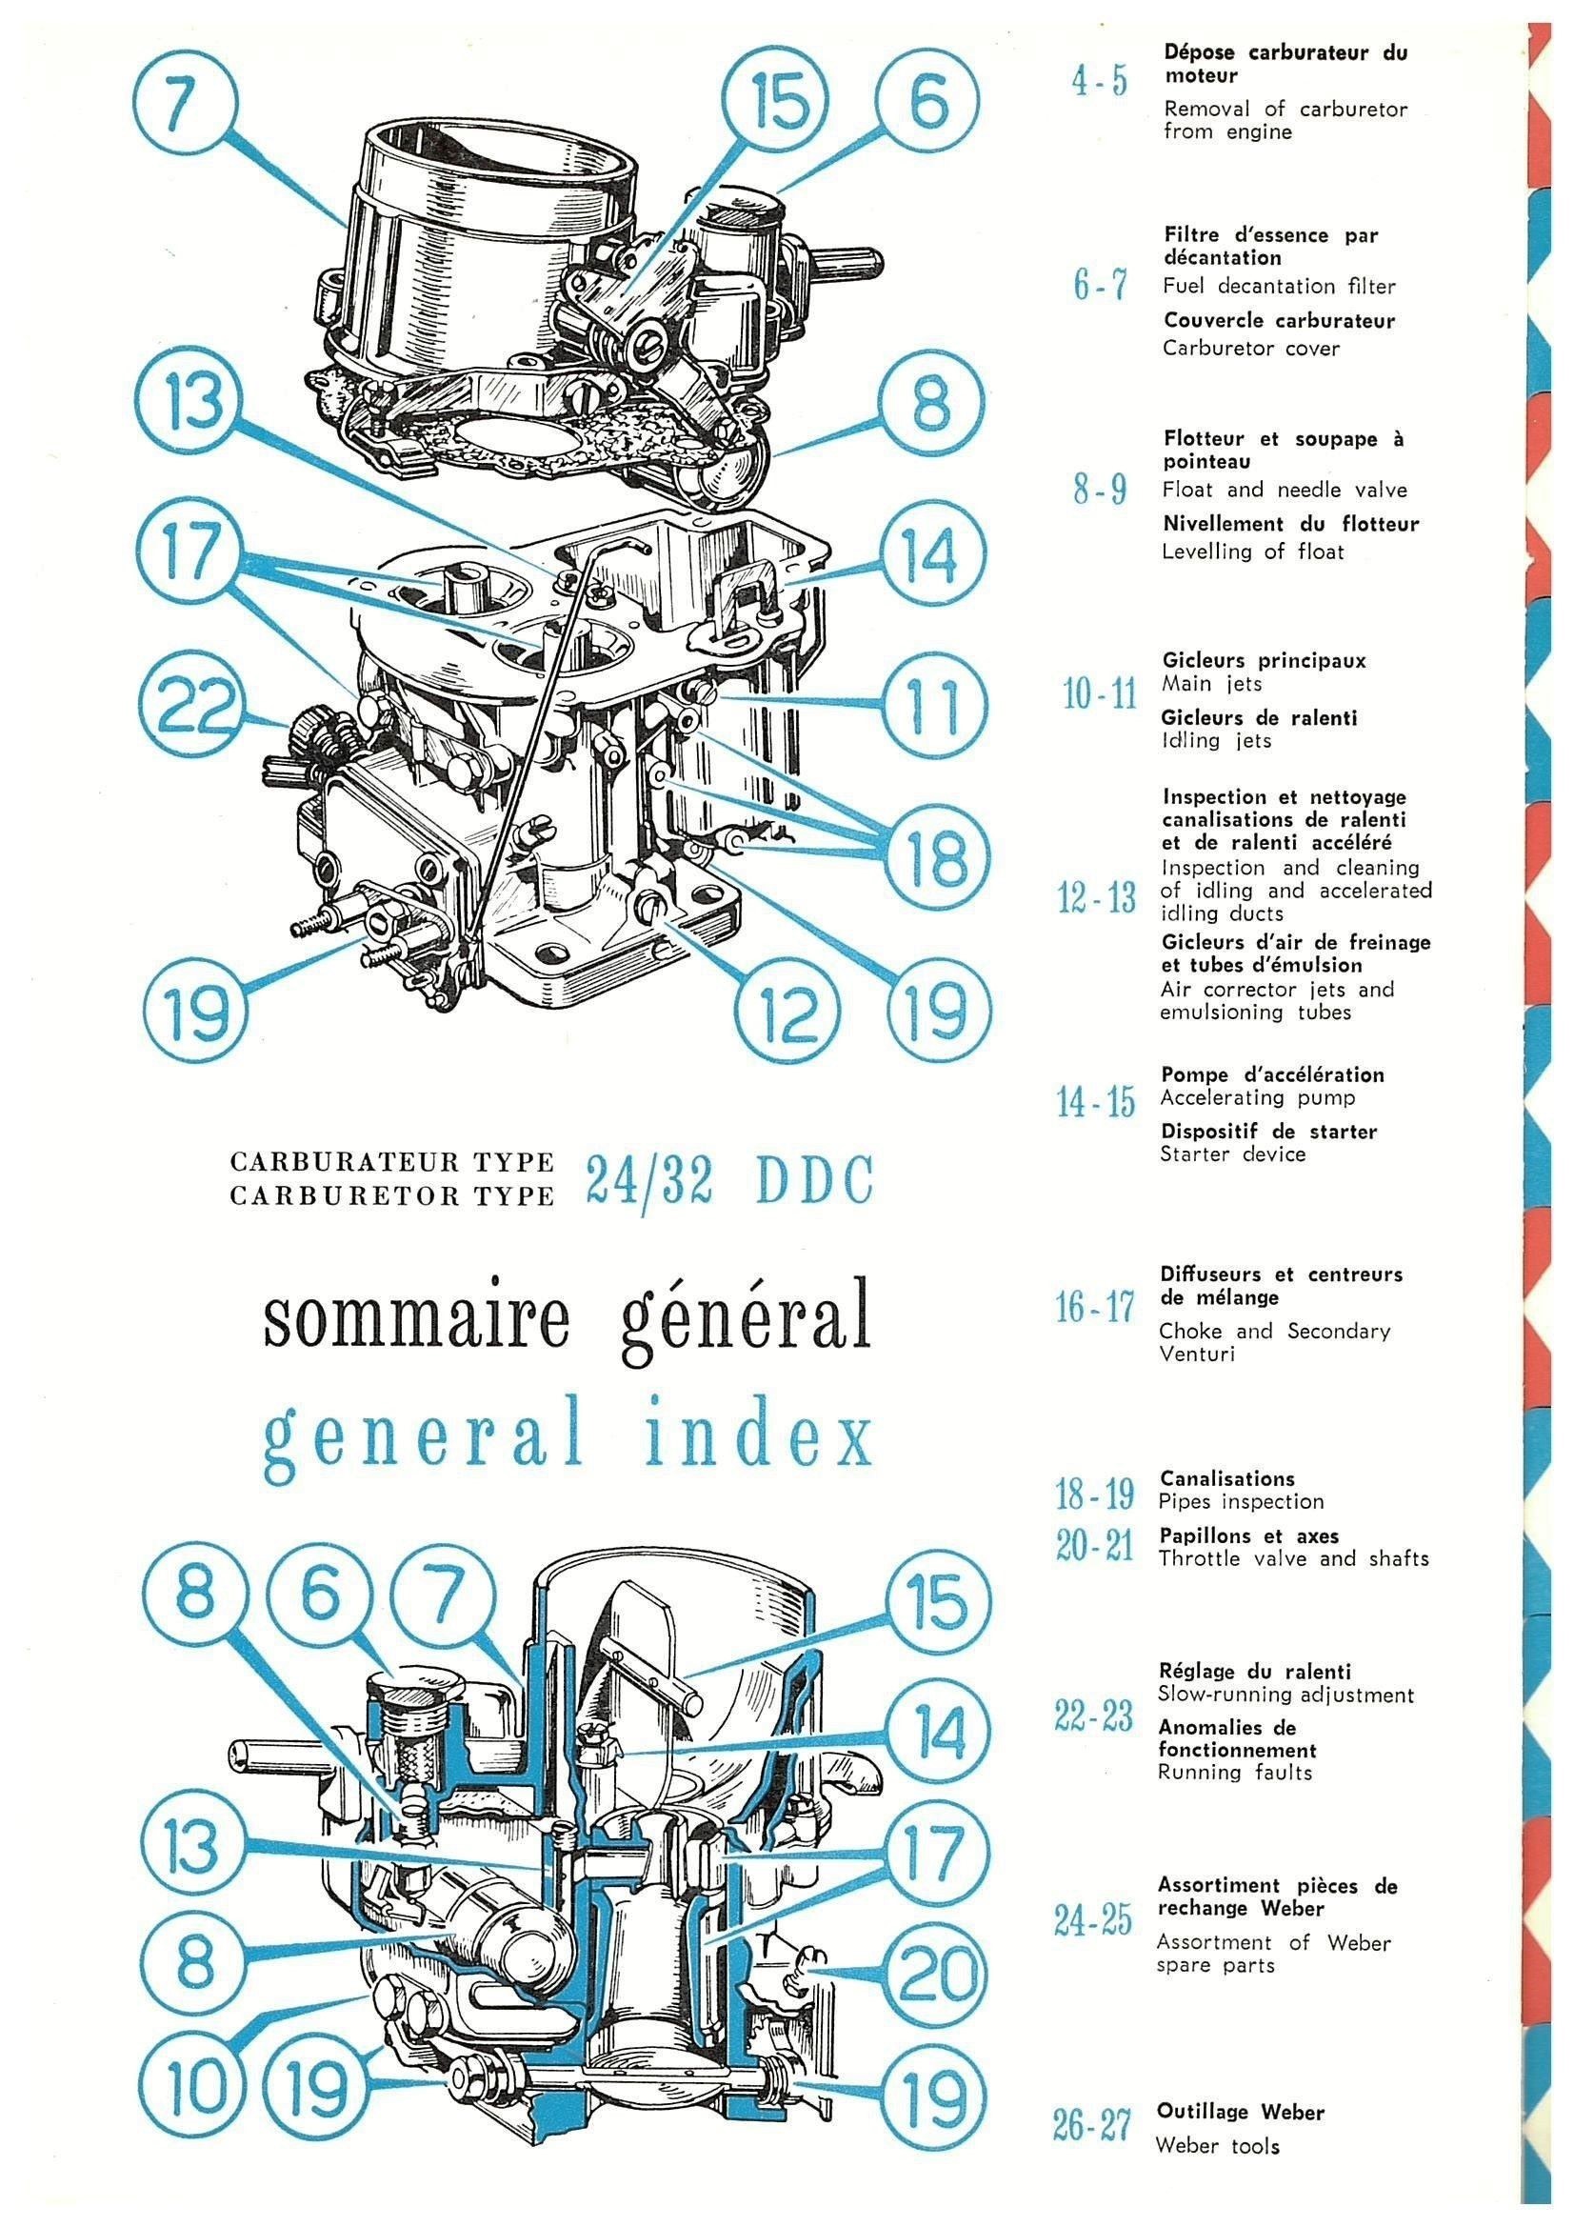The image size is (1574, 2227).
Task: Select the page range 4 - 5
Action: tap(1100, 82)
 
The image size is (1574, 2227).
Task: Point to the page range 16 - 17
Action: tap(1095, 1309)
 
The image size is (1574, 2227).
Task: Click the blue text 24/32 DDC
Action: tap(729, 1180)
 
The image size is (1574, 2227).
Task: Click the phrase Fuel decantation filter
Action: tap(1279, 286)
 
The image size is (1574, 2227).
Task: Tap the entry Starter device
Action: tap(1232, 1154)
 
